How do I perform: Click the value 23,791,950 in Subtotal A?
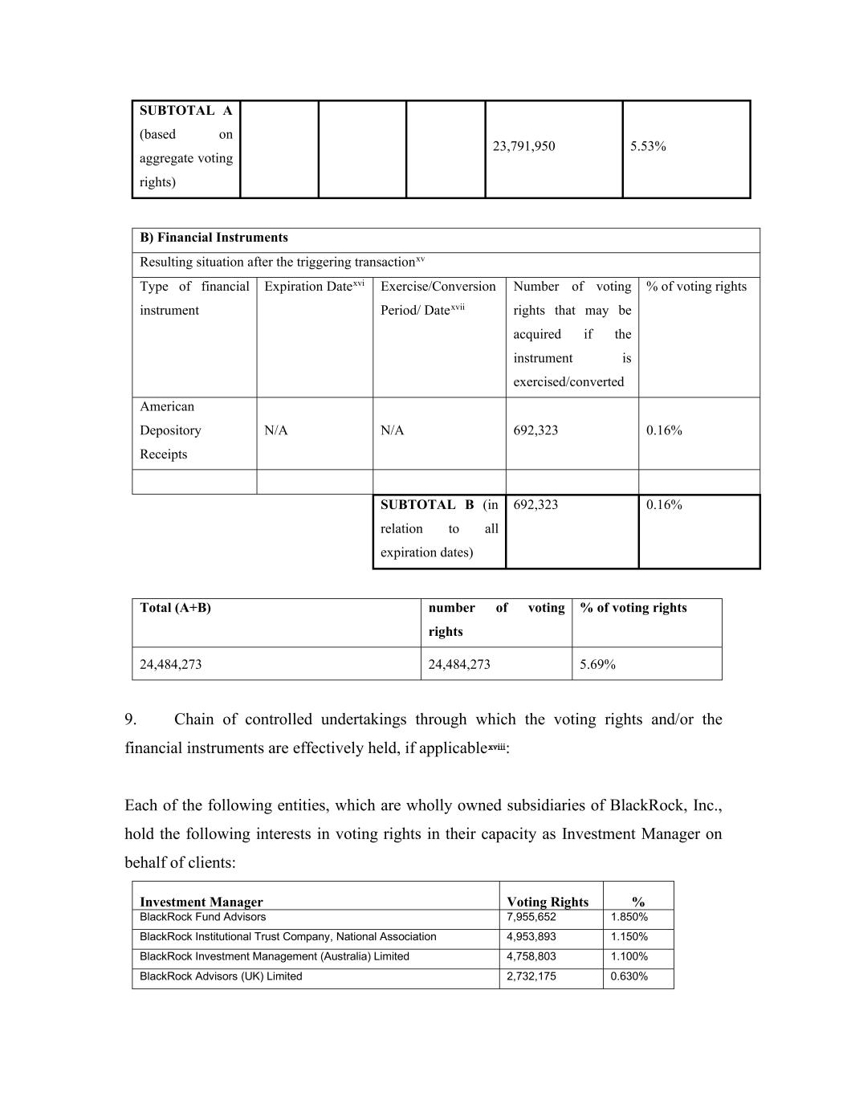(523, 146)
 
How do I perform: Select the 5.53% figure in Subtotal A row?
(648, 146)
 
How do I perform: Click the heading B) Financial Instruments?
(214, 238)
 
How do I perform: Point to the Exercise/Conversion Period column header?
(438, 298)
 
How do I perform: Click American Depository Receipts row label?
(170, 430)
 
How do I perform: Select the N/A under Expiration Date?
(276, 430)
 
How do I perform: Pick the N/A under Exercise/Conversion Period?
(392, 430)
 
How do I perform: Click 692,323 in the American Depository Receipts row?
(535, 430)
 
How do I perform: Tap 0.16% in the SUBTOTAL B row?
(664, 505)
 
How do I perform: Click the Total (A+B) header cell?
(175, 608)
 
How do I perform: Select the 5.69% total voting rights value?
(597, 665)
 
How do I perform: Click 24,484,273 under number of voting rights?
(459, 665)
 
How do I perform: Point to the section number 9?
(132, 719)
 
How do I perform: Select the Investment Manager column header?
(202, 902)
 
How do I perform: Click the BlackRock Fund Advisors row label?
(202, 917)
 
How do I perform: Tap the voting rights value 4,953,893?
(531, 937)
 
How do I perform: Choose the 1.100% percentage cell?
(629, 957)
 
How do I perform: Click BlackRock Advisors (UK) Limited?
(221, 977)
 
